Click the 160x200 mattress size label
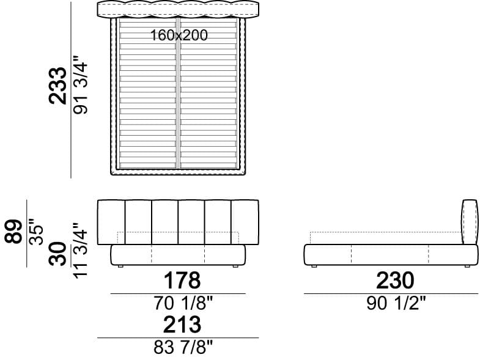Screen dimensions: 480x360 (179, 35)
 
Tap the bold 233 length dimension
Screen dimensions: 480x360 (57, 86)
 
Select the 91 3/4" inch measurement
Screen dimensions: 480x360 (81, 85)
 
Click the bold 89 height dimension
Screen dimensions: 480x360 (13, 232)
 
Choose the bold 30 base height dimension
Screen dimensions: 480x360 (57, 254)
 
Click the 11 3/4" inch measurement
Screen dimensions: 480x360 (81, 251)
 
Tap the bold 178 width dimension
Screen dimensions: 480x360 (182, 280)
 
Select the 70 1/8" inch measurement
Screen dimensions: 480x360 (183, 303)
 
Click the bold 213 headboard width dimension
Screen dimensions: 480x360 (182, 325)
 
